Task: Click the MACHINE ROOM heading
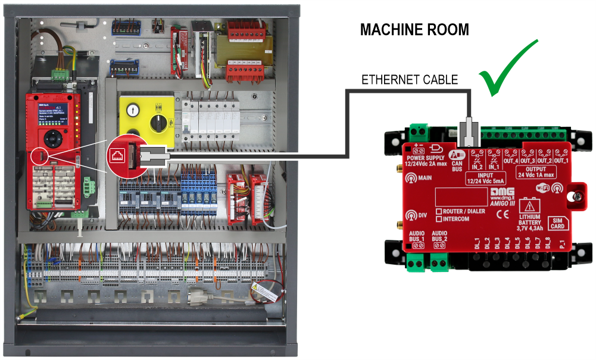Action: click(414, 30)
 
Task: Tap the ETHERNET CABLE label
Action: click(410, 79)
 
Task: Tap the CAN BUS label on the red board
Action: click(457, 165)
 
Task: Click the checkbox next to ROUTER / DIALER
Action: click(439, 211)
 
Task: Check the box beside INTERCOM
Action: click(439, 219)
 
